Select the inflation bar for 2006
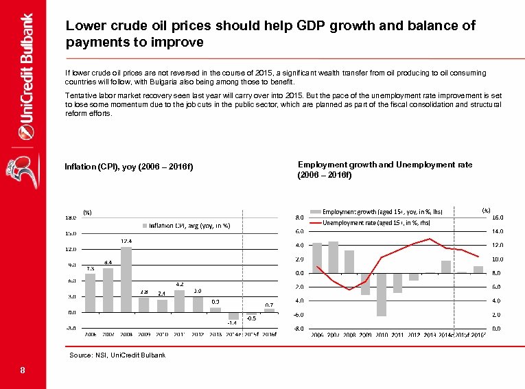point(91,293)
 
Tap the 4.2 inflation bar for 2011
point(180,301)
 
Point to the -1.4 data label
point(233,324)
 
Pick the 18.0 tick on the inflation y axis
point(71,217)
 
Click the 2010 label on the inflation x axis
point(162,335)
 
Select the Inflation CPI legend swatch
point(145,225)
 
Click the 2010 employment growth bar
point(382,294)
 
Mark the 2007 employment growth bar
point(333,257)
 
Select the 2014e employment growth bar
point(446,267)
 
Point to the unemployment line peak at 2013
point(430,239)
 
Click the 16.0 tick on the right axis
point(498,217)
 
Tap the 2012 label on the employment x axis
point(413,335)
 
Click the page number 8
point(23,371)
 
